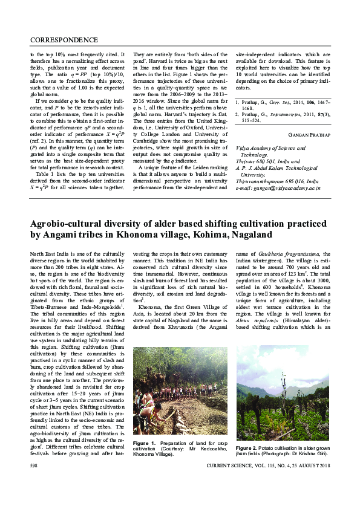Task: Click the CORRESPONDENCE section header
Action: click(x=64, y=40)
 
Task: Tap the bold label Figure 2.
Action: click(x=247, y=444)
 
